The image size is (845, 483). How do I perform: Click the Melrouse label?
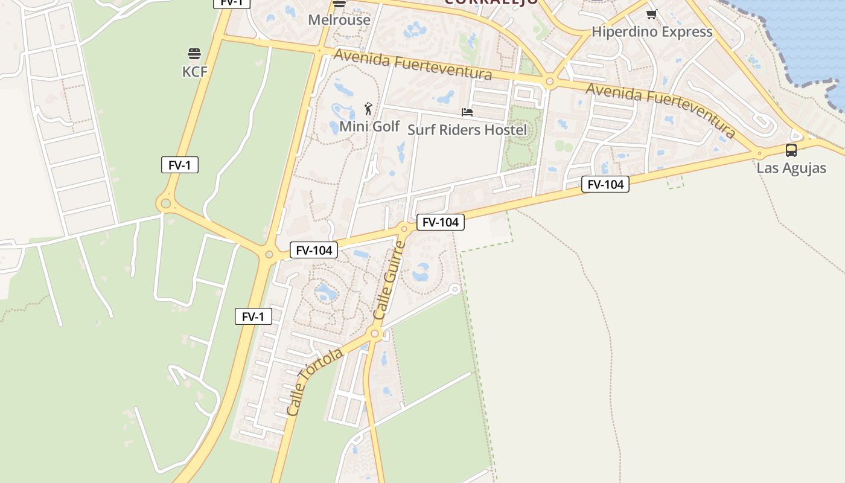click(339, 20)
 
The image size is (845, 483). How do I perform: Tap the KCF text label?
click(194, 72)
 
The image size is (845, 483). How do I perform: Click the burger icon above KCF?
click(194, 54)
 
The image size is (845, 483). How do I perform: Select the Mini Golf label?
click(369, 126)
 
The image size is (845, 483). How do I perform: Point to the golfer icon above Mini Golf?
click(369, 109)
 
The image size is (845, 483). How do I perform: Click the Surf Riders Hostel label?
click(467, 130)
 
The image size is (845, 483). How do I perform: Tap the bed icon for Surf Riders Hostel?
click(467, 112)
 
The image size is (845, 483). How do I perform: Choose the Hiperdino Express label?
click(652, 32)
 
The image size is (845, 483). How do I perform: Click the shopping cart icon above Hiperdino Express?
click(651, 14)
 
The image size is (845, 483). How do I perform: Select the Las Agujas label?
click(791, 168)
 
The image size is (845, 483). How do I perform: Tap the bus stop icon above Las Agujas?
click(791, 150)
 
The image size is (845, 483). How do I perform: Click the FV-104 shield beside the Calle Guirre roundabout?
click(441, 222)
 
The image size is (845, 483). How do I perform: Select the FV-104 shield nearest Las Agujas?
click(605, 184)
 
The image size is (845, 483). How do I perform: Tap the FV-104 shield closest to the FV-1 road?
click(314, 250)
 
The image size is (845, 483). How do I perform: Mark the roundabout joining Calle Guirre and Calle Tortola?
click(375, 333)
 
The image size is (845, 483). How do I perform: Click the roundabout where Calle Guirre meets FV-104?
click(404, 228)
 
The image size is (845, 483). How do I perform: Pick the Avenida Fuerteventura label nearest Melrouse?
click(413, 65)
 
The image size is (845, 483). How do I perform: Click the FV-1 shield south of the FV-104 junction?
click(253, 316)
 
